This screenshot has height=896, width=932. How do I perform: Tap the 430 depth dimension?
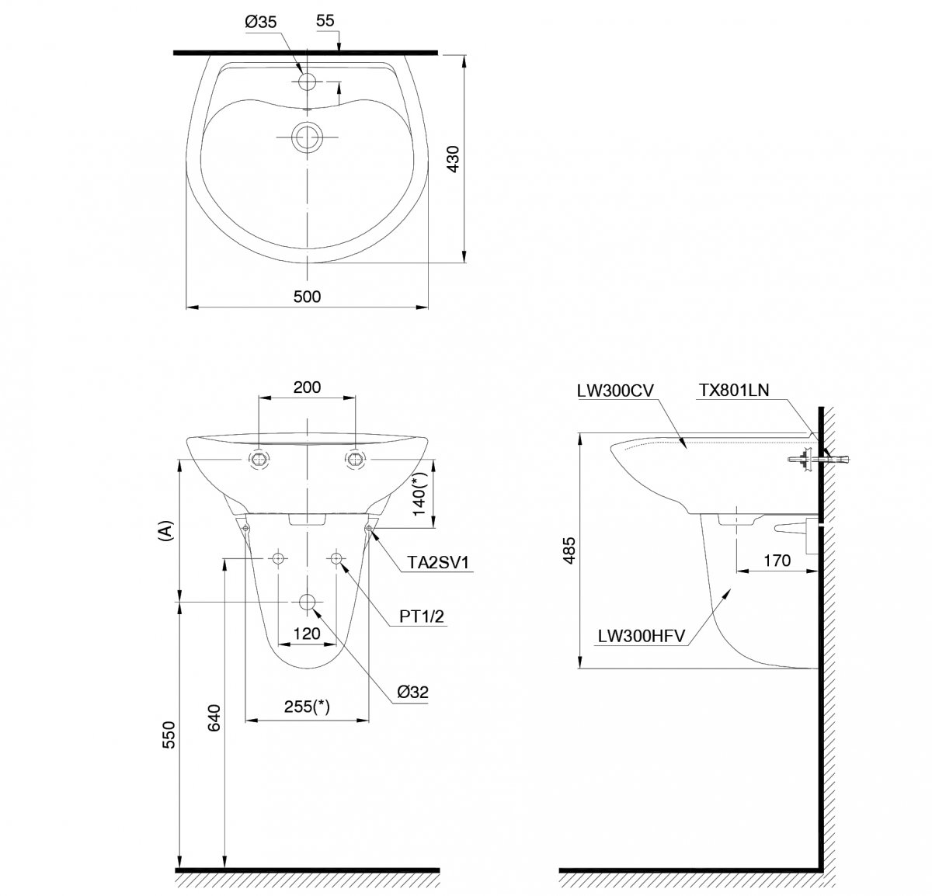pos(453,159)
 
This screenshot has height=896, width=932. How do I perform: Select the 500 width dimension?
pos(307,297)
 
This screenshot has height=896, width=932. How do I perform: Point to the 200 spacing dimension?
pos(307,387)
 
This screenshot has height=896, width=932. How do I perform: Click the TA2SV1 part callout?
pos(438,562)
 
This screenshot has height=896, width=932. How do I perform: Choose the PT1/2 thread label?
pos(422,616)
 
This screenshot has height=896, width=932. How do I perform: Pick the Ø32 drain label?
pos(413,692)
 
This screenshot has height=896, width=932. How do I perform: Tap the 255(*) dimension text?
pos(307,707)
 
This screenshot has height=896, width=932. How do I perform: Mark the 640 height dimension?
pos(214,718)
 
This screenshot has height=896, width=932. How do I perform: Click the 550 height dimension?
pos(169,735)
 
